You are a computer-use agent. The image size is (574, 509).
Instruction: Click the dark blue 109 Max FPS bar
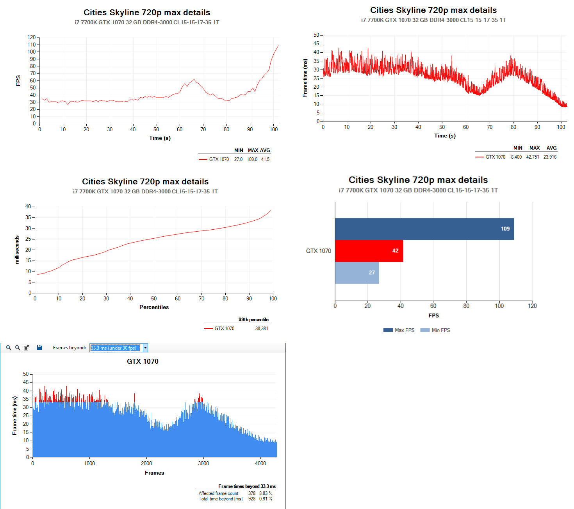[x=424, y=229]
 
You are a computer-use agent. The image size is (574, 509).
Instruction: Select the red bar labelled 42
[x=369, y=251]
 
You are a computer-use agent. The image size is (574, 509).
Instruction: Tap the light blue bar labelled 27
[x=357, y=273]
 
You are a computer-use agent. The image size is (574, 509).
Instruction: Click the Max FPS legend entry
[x=399, y=330]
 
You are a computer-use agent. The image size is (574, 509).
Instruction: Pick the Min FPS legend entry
[x=435, y=330]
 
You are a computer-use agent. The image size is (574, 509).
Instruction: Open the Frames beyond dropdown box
[x=145, y=348]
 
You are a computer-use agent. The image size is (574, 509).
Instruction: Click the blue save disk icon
[x=39, y=348]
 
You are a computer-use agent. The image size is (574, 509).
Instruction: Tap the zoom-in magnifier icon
[x=9, y=348]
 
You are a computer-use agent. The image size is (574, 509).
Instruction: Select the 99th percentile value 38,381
[x=262, y=329]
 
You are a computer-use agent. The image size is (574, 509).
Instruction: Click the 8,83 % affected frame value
[x=266, y=493]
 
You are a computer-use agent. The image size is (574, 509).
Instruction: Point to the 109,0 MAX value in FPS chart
[x=252, y=159]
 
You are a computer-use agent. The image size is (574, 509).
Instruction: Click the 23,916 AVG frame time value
[x=550, y=157]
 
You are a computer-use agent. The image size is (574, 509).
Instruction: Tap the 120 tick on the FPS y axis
[x=32, y=38]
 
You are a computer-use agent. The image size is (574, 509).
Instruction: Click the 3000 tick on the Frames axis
[x=203, y=464]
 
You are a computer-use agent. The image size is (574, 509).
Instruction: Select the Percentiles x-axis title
[x=154, y=307]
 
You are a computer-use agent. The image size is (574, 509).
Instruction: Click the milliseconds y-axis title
[x=17, y=250]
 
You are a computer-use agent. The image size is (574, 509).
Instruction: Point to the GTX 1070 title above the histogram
[x=143, y=361]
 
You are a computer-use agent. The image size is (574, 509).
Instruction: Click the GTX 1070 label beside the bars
[x=318, y=251]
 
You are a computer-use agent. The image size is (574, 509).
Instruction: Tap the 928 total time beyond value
[x=252, y=499]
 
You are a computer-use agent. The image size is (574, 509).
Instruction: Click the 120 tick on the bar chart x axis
[x=532, y=306]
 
